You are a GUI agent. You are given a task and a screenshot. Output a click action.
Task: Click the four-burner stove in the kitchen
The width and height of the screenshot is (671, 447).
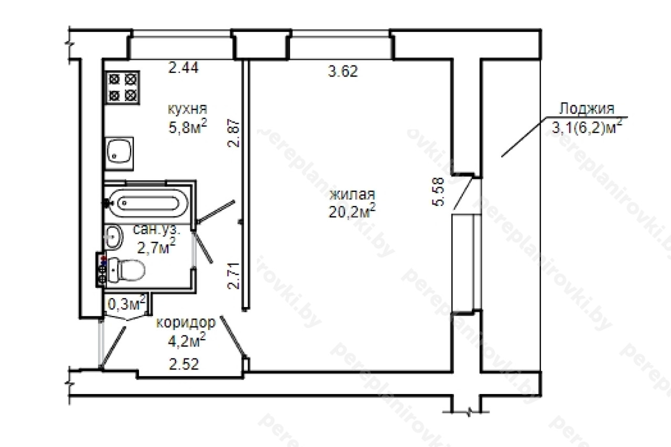123,88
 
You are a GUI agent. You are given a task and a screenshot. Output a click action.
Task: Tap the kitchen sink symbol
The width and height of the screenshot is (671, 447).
119,154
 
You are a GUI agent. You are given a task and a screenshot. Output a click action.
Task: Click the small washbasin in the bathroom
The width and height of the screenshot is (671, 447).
114,237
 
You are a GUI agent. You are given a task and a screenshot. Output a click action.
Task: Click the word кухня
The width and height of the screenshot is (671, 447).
188,108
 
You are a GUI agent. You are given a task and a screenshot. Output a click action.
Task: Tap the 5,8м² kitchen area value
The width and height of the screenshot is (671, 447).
188,127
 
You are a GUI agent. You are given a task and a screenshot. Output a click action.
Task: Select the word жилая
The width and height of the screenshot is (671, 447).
352,194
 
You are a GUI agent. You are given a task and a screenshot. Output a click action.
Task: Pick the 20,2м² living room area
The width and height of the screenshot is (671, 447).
352,211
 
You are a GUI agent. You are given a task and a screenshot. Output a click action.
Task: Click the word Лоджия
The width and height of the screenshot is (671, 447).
587,108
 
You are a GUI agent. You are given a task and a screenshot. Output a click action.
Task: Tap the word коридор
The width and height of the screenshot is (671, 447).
186,322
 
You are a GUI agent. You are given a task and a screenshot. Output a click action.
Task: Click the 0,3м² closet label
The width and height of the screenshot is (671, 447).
127,304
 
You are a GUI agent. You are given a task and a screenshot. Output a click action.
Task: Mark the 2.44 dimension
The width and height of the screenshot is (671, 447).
183,68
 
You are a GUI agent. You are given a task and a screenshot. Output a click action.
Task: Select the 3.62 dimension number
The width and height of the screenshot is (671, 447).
343,72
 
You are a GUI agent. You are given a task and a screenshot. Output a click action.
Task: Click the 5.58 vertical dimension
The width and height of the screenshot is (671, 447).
438,192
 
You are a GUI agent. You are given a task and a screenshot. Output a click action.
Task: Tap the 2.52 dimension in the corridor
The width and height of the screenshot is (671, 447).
184,364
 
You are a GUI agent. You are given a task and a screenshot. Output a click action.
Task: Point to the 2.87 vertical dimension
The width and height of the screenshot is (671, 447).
234,133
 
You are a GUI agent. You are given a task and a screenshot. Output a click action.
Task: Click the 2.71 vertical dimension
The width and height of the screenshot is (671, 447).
234,276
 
